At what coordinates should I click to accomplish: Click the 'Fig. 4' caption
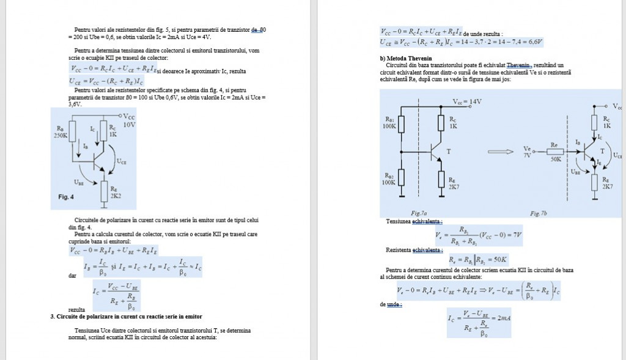point(65,197)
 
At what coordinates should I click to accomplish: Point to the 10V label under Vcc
point(129,124)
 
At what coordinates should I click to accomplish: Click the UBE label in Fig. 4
point(79,182)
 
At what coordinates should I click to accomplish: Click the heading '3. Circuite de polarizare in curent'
point(126,317)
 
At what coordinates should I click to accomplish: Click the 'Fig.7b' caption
point(538,213)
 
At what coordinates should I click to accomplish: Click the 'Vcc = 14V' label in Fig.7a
point(467,101)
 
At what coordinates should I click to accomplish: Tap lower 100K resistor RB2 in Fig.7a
point(402,177)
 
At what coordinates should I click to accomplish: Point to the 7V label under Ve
point(528,155)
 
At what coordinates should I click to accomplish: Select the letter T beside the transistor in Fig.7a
point(450,150)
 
